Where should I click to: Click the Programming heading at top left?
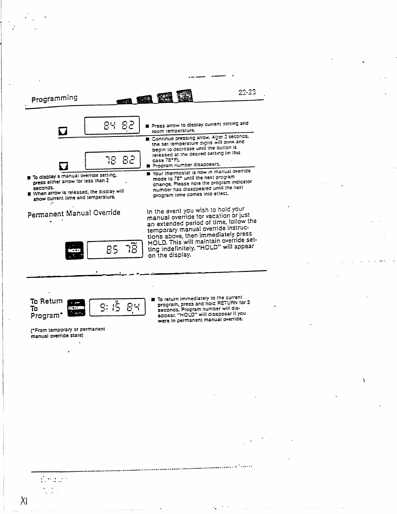[x=54, y=98]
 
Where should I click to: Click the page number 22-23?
[x=247, y=92]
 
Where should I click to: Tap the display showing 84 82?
[x=112, y=125]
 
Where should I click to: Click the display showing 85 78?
[x=115, y=250]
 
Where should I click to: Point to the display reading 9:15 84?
[x=117, y=307]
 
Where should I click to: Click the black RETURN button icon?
[x=76, y=307]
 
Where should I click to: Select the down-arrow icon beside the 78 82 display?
[x=63, y=167]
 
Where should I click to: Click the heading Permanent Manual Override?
[x=74, y=213]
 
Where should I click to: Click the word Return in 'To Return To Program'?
[x=51, y=301]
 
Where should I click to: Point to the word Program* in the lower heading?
[x=46, y=316]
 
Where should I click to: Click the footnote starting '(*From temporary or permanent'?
[x=68, y=332]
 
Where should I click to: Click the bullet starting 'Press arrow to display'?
[x=147, y=126]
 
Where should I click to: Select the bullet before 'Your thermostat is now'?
[x=148, y=173]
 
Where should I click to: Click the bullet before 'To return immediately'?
[x=153, y=299]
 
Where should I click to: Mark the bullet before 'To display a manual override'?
[x=29, y=178]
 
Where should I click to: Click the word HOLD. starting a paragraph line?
[x=157, y=243]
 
